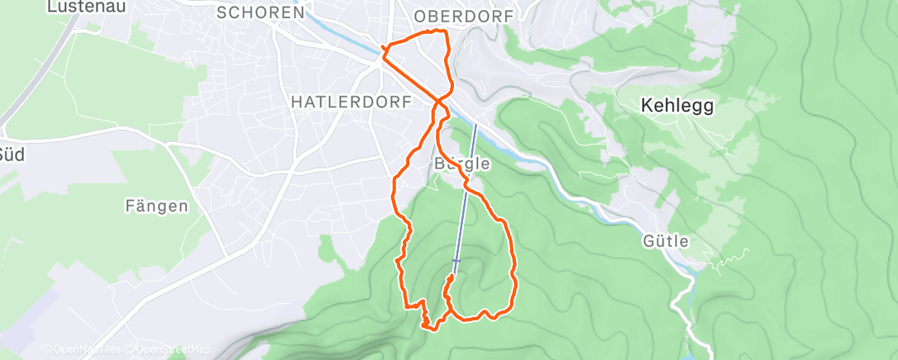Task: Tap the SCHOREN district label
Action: pos(261,13)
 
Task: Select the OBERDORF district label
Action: pos(464,17)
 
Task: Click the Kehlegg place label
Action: pos(677,106)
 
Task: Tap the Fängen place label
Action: pos(157,206)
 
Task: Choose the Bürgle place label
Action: pos(461,163)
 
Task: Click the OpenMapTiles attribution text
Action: pos(83,349)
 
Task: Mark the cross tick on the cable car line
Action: pos(456,260)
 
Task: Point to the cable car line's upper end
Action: pos(475,126)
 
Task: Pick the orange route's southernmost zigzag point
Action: pos(429,327)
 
